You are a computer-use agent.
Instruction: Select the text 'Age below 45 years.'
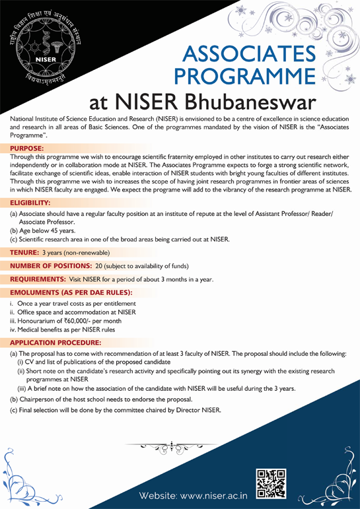51,230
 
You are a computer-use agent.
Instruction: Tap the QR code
271,483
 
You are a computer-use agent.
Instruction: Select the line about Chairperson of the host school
100,400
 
